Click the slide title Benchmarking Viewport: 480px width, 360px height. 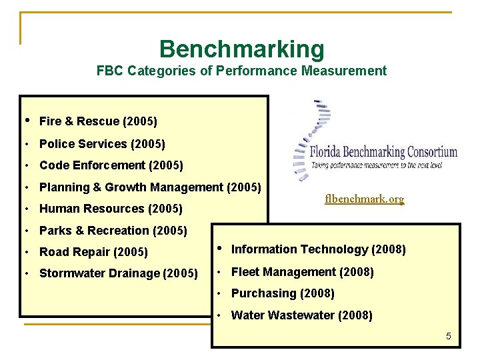click(241, 49)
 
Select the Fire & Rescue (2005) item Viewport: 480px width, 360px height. click(98, 121)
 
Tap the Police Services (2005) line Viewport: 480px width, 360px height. click(102, 144)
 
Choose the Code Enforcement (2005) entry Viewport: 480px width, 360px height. click(111, 165)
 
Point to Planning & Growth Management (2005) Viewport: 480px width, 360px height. click(150, 187)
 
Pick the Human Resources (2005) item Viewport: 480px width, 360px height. click(111, 209)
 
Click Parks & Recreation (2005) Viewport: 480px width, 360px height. click(113, 231)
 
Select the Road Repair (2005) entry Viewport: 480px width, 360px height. click(93, 253)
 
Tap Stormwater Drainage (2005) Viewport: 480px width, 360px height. click(118, 273)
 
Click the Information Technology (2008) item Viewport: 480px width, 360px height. click(318, 249)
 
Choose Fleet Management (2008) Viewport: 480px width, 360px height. click(302, 272)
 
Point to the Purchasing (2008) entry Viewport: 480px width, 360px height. click(283, 293)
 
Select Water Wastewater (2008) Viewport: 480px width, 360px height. click(301, 315)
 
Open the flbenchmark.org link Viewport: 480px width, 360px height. click(364, 199)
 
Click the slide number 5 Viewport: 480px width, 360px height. click(449, 337)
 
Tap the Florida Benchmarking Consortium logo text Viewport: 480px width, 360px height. click(383, 152)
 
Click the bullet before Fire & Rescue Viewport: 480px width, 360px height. click(26, 121)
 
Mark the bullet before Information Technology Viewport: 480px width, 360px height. click(219, 249)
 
